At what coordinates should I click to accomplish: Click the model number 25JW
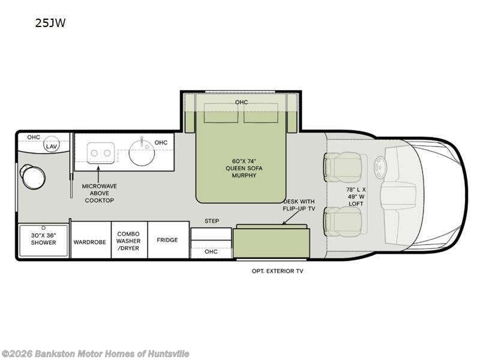(50, 23)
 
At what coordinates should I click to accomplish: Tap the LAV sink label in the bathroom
(52, 146)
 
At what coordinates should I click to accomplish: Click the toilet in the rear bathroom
(32, 176)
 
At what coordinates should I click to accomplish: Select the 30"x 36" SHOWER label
(43, 239)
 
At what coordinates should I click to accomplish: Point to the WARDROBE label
(89, 242)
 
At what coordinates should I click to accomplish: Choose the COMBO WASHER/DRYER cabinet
(129, 239)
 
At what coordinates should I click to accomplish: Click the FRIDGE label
(167, 240)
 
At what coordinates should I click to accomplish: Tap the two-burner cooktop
(101, 153)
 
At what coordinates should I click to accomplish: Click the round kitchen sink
(142, 153)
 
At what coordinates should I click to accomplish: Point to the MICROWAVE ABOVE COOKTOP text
(100, 193)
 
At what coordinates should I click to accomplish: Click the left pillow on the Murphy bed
(221, 113)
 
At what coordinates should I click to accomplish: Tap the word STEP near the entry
(212, 221)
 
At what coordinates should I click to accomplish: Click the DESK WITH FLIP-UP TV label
(299, 205)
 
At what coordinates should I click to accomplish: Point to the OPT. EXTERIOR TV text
(277, 271)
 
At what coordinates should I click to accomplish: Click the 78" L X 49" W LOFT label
(356, 197)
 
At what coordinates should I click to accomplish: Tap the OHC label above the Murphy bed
(242, 102)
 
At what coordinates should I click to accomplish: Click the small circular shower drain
(43, 228)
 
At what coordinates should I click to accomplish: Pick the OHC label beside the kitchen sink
(161, 142)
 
